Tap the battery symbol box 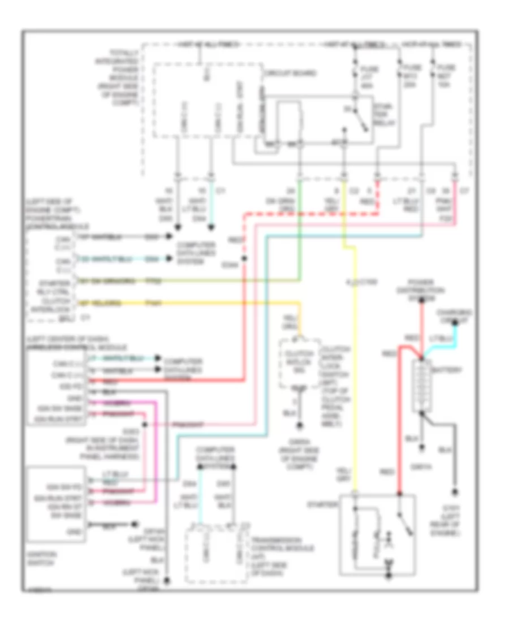pyautogui.click(x=422, y=387)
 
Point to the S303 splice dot pyautogui.click(x=145, y=424)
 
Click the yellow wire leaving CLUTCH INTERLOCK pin pyautogui.click(x=198, y=304)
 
